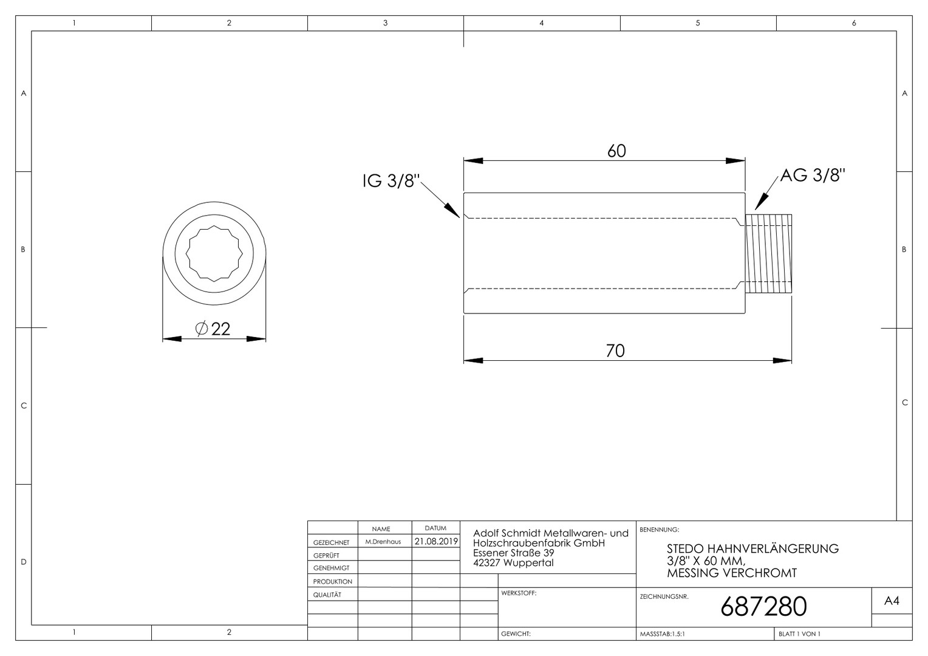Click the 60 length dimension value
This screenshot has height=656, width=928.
[616, 151]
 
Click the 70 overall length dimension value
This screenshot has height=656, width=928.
[615, 351]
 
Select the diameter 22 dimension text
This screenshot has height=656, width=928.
[213, 329]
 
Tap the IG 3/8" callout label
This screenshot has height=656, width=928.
[391, 180]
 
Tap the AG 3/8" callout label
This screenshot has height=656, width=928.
[813, 175]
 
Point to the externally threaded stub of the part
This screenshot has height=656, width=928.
[768, 254]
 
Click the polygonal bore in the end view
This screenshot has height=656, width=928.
[214, 254]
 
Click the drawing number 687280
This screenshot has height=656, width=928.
[763, 607]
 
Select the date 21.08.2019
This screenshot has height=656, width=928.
[436, 541]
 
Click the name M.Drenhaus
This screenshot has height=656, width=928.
[383, 542]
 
